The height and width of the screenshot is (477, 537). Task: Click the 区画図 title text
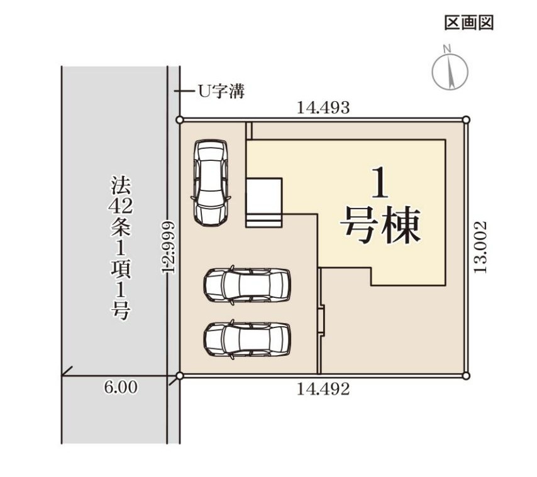[x=469, y=23]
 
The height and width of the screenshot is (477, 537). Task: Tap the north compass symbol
[x=450, y=70]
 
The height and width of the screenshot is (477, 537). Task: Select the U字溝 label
[x=221, y=92]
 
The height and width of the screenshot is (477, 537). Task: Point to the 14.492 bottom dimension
[x=323, y=389]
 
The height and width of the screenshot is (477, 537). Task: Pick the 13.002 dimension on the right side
[x=481, y=246]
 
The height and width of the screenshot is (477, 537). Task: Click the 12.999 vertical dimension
[x=168, y=246]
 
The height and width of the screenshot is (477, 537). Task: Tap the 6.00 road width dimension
[x=120, y=388]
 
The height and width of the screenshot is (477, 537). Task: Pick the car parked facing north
[x=210, y=182]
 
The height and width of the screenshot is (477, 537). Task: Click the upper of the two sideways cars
[x=247, y=285]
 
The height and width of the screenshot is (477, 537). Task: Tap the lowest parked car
[x=247, y=339]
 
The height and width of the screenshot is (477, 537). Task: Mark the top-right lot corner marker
[x=466, y=120]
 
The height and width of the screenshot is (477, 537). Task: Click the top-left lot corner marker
[x=180, y=120]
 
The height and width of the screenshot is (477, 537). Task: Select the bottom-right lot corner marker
[x=466, y=376]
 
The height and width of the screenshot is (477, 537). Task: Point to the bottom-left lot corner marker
[x=180, y=376]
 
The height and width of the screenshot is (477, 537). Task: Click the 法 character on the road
[x=121, y=185]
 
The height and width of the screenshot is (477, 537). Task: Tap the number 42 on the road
[x=121, y=206]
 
